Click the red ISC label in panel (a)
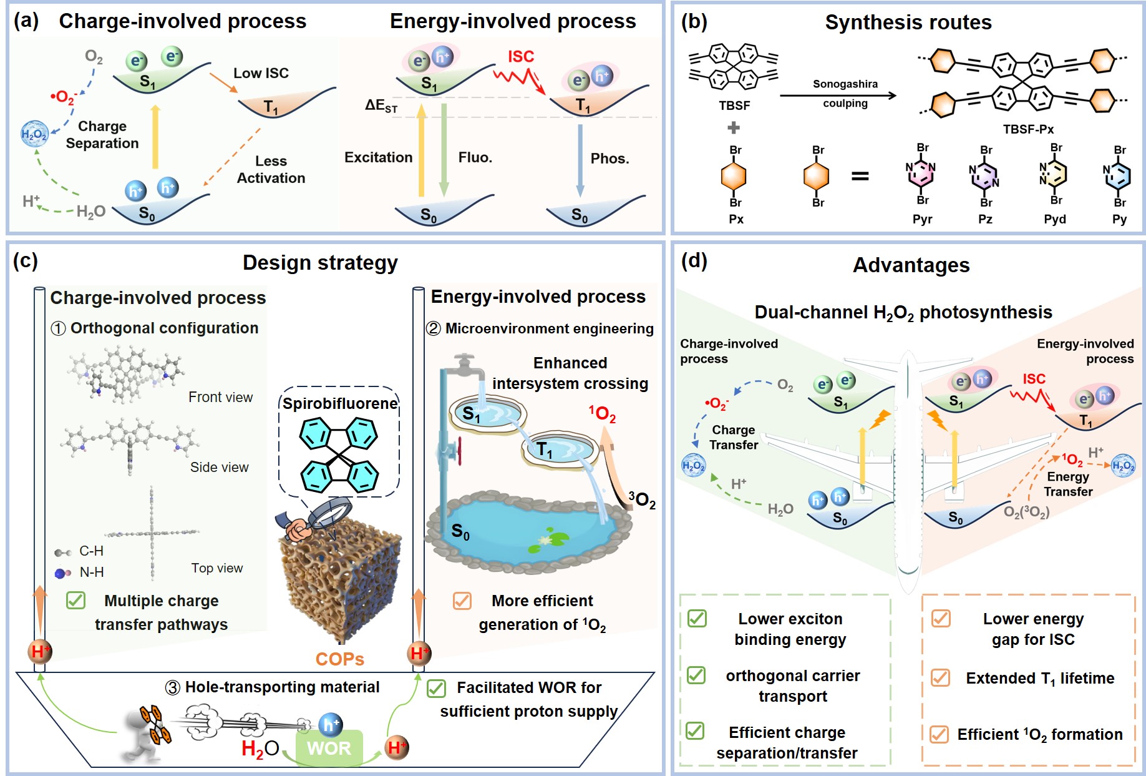[x=521, y=57]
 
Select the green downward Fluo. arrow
[x=444, y=150]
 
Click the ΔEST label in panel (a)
[x=381, y=106]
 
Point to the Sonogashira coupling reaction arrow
[x=838, y=96]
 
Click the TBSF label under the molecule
[x=734, y=106]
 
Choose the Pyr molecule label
[x=922, y=219]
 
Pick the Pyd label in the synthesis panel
[x=1055, y=219]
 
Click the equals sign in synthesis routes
[x=860, y=177]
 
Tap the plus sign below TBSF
[x=734, y=128]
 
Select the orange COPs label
[x=339, y=659]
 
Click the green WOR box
[x=329, y=748]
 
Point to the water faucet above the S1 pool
[x=465, y=365]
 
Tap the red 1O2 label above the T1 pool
[x=602, y=413]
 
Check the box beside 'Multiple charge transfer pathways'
[x=75, y=601]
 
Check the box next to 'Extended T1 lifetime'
[x=940, y=677]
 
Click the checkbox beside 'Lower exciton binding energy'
[x=697, y=619]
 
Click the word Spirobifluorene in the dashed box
[x=340, y=404]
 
